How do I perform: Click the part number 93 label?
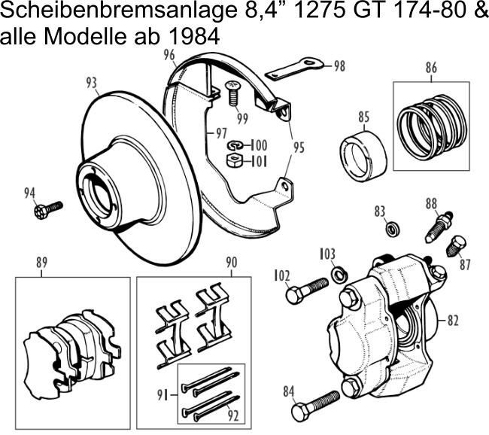coord(91,81)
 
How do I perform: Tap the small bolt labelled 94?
coord(48,208)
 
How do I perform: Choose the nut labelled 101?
coord(233,160)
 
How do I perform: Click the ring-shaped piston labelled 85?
coord(366,155)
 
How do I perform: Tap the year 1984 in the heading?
coord(187,36)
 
